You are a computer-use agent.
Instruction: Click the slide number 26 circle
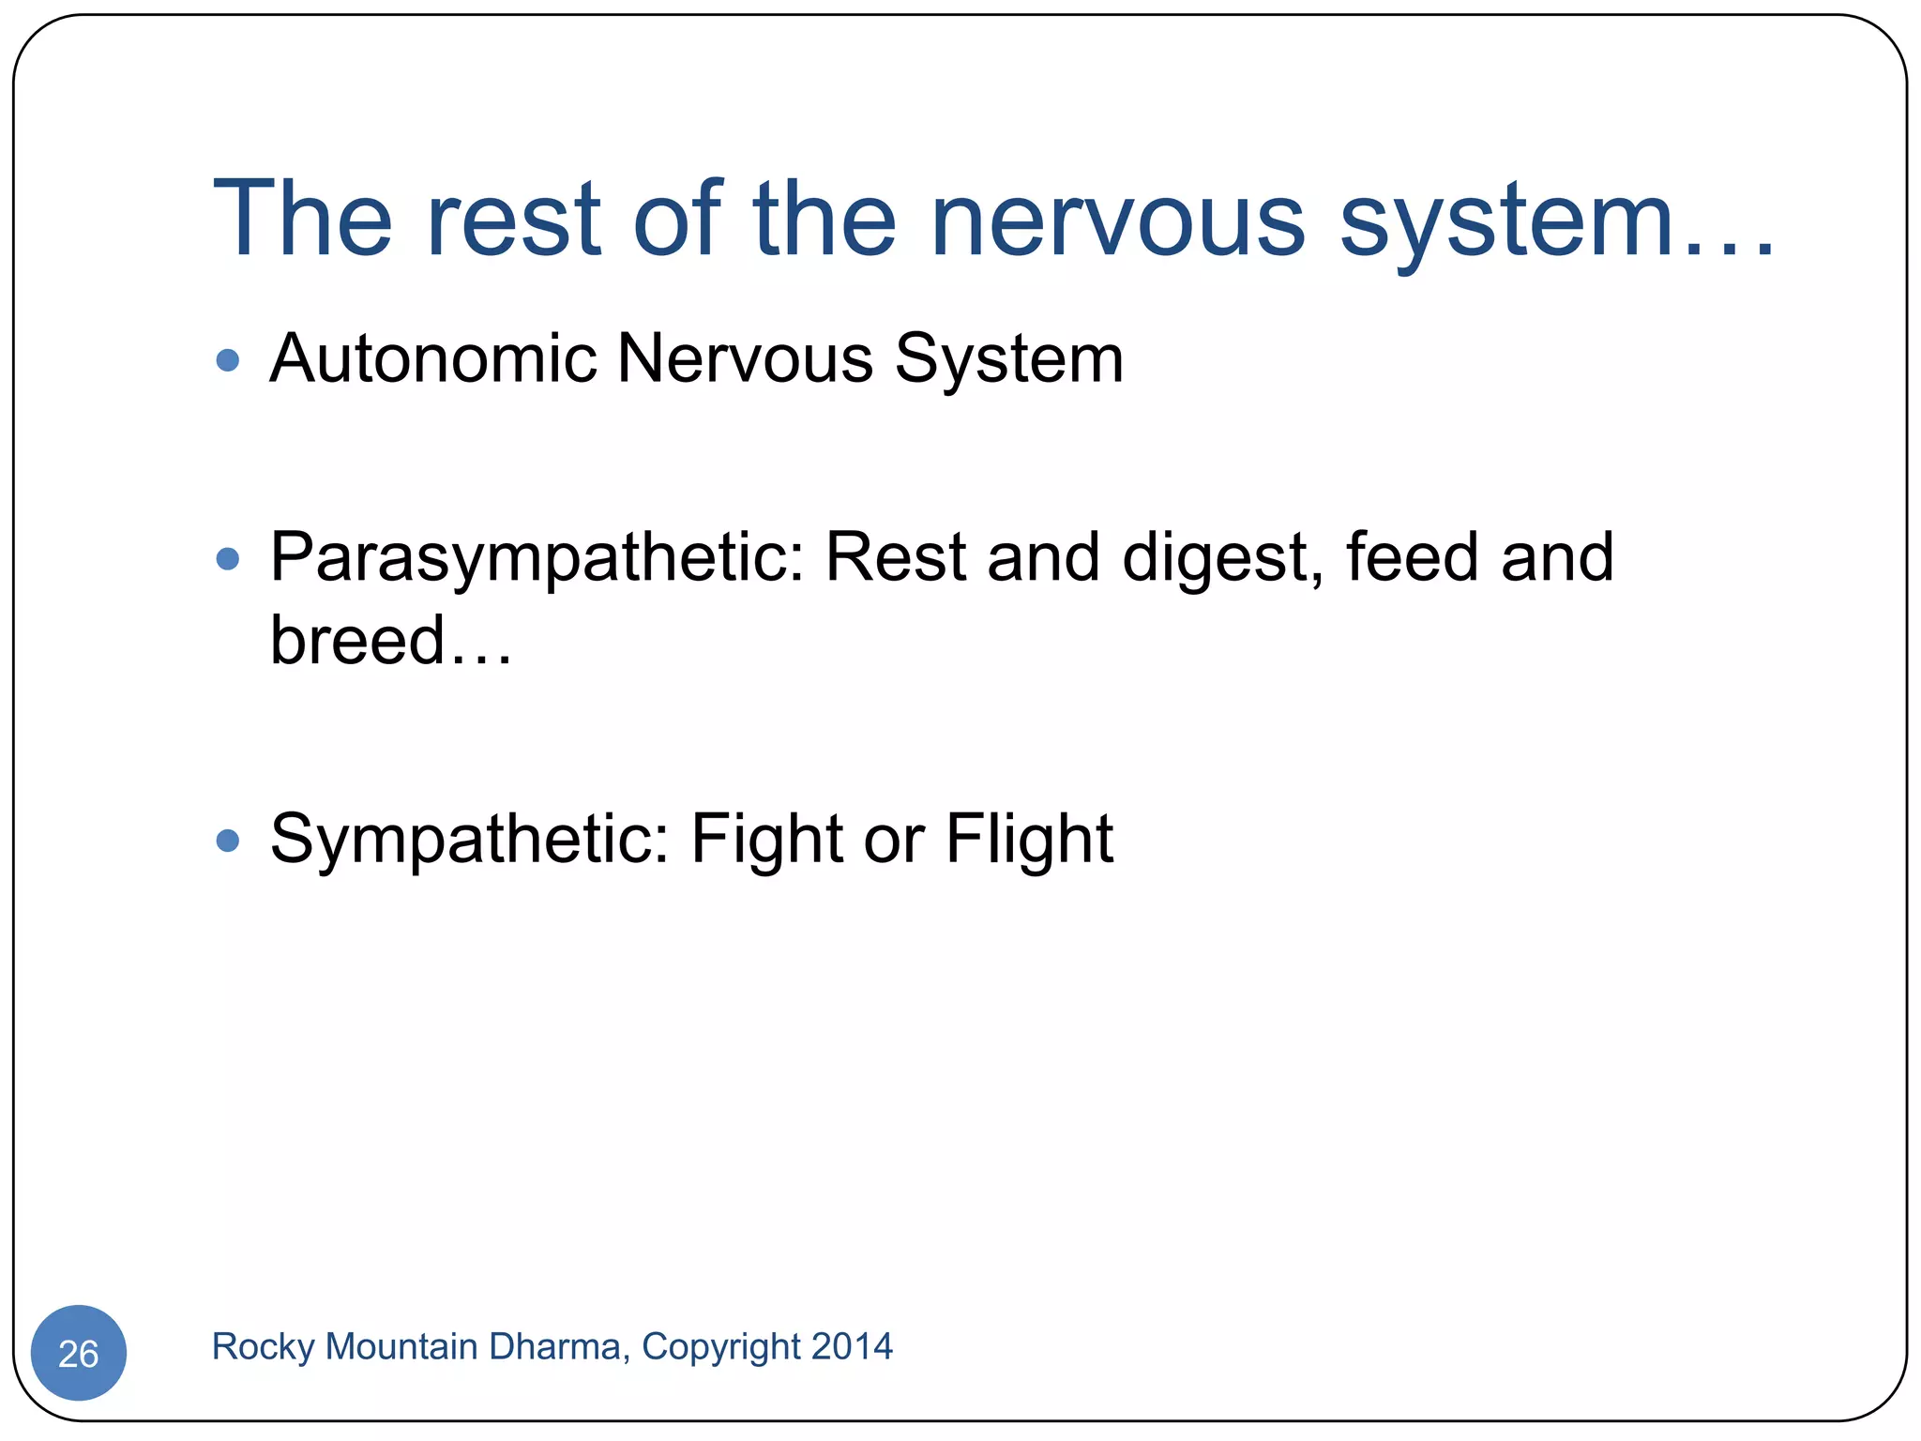click(x=78, y=1353)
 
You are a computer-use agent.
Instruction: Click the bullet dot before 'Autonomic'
click(x=227, y=360)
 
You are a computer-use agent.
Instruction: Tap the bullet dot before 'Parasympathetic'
click(x=227, y=559)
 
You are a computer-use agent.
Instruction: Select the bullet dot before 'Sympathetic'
click(x=227, y=840)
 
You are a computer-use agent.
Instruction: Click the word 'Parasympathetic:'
click(x=537, y=560)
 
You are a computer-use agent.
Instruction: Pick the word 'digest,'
click(x=1223, y=560)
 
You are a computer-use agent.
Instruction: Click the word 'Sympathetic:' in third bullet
click(x=469, y=841)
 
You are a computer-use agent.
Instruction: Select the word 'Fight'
click(x=766, y=841)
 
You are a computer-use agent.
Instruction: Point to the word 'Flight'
click(x=1029, y=841)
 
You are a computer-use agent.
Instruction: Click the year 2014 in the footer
click(x=852, y=1346)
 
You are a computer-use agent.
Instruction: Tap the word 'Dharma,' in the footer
click(x=559, y=1346)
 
